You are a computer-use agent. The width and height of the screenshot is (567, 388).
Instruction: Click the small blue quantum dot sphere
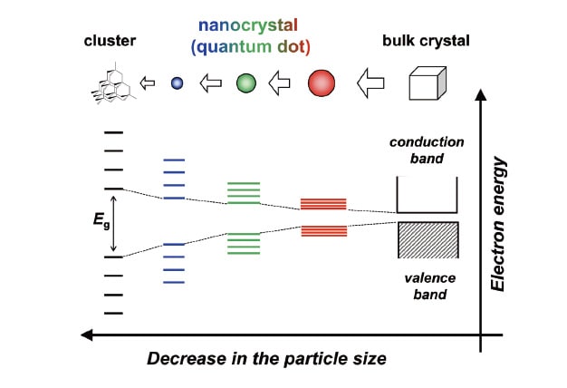178,83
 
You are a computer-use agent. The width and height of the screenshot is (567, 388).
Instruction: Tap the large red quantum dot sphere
322,83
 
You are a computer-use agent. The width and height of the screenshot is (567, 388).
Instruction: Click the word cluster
108,41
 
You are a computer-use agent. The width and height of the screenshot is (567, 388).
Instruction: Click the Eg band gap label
99,222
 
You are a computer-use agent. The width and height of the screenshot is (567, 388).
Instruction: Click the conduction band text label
427,150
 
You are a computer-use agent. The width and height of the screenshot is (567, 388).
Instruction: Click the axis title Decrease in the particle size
267,359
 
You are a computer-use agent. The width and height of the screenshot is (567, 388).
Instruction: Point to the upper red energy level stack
323,204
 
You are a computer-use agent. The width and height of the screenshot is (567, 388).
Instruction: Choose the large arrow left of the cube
372,84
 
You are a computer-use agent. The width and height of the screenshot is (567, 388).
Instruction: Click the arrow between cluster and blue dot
151,83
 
